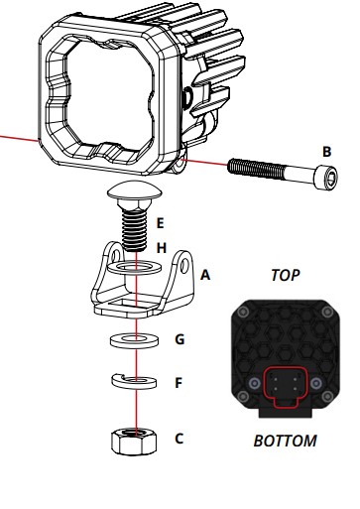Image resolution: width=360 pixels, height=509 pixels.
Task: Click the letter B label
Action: coord(326,152)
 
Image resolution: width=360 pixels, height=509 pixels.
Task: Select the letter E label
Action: coord(160,223)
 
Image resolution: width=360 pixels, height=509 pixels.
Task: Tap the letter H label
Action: coord(161,248)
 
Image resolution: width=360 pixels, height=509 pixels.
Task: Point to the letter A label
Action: coord(205,275)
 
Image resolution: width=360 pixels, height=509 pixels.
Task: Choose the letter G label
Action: coord(180,339)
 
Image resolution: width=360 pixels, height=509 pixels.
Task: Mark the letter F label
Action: coord(179,383)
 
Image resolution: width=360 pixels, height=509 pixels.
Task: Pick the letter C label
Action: coord(179,439)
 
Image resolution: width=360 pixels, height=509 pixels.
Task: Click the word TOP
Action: coord(286,275)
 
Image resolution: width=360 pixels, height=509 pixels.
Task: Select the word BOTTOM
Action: coord(285,441)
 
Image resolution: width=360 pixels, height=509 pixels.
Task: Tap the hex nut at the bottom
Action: coord(134,442)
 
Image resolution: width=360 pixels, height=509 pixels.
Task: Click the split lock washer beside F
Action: coord(134,382)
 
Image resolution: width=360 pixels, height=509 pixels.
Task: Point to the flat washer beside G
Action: coord(134,340)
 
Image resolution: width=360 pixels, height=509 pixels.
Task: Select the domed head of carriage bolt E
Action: coord(135,191)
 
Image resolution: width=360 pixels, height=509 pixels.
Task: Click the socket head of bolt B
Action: coord(325,178)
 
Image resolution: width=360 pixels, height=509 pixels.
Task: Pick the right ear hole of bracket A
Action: coord(184,264)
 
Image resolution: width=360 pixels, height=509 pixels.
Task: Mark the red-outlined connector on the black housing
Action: coord(286,387)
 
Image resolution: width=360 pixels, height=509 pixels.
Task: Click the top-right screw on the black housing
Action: coord(327,312)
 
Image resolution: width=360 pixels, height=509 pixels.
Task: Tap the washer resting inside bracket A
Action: coord(135,267)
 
